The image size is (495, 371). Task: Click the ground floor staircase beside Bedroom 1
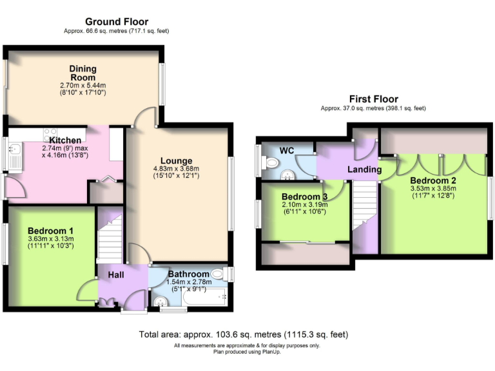[x=110, y=238]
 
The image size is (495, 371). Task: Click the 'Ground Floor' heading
[x=117, y=21]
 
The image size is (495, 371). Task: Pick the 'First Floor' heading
[x=373, y=99]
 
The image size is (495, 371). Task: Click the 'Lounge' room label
[x=177, y=160]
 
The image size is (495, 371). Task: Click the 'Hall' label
[x=116, y=275]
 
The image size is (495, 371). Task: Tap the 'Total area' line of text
[x=244, y=334]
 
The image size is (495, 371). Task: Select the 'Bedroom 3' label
[x=304, y=196]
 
